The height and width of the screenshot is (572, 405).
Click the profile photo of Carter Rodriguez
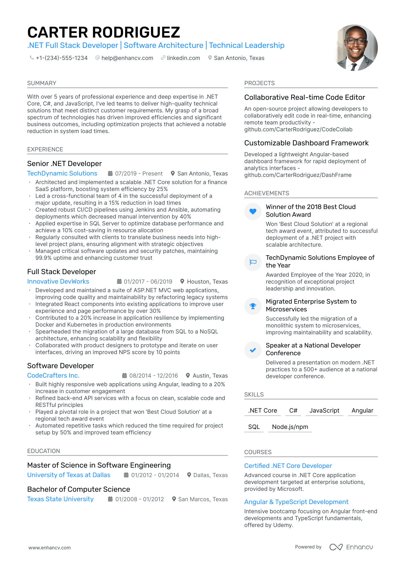tap(355, 48)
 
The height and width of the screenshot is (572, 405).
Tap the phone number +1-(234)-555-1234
tap(61, 58)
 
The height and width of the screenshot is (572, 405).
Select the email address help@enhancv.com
tap(127, 58)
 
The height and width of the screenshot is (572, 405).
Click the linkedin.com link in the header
tap(183, 58)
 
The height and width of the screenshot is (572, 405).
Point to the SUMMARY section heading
tap(42, 83)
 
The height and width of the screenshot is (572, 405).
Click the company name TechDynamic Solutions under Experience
tap(62, 173)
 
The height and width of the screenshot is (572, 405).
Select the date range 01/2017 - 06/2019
tap(148, 282)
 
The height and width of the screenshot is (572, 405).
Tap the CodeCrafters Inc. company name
tap(53, 376)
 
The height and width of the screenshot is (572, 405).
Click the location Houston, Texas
tap(207, 282)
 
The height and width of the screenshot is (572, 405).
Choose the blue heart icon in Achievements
tap(253, 212)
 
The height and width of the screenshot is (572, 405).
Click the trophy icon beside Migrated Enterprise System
tap(253, 306)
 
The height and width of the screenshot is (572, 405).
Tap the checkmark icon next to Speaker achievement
tap(253, 350)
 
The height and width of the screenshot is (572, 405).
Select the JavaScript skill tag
tap(324, 411)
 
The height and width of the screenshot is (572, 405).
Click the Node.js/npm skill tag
tap(290, 427)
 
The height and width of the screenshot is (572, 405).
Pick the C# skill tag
tap(293, 411)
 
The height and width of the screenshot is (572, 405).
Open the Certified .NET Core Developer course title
tap(288, 466)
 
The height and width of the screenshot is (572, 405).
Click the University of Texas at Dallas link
tap(69, 475)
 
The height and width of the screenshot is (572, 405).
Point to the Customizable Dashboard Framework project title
tap(306, 143)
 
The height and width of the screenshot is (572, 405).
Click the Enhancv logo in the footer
tap(351, 547)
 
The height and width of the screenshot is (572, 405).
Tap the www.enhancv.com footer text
tap(49, 548)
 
